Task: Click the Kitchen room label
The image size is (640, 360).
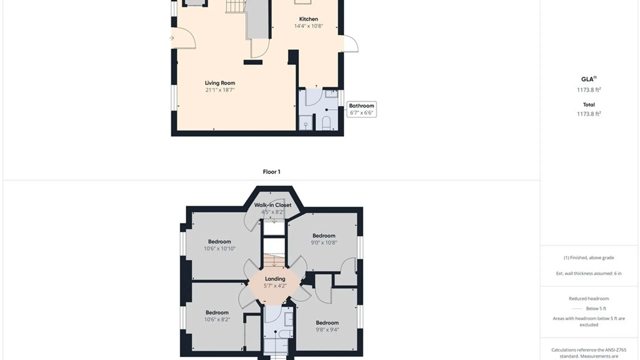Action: [x=308, y=19]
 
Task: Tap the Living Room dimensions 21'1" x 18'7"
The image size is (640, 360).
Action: [x=220, y=90]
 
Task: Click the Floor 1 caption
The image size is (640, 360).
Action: [x=271, y=172]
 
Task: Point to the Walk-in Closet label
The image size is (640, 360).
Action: [x=273, y=205]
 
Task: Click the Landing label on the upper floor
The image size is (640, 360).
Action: [x=275, y=279]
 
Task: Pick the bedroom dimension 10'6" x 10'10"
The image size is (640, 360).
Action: [x=220, y=249]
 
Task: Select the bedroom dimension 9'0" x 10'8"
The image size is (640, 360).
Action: [x=324, y=243]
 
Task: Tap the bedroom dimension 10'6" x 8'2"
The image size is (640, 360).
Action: [x=217, y=320]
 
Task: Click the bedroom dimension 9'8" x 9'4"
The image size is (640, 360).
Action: [x=327, y=330]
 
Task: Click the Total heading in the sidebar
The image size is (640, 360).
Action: [x=589, y=105]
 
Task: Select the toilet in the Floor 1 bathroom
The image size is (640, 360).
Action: [x=326, y=123]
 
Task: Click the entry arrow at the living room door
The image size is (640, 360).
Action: [x=172, y=38]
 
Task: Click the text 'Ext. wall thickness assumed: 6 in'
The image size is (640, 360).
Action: [x=589, y=273]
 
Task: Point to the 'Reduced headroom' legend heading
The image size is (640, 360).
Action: [x=589, y=299]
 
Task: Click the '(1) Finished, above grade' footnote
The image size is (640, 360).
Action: [x=589, y=258]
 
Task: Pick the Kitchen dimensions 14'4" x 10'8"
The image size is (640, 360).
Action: [x=309, y=26]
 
